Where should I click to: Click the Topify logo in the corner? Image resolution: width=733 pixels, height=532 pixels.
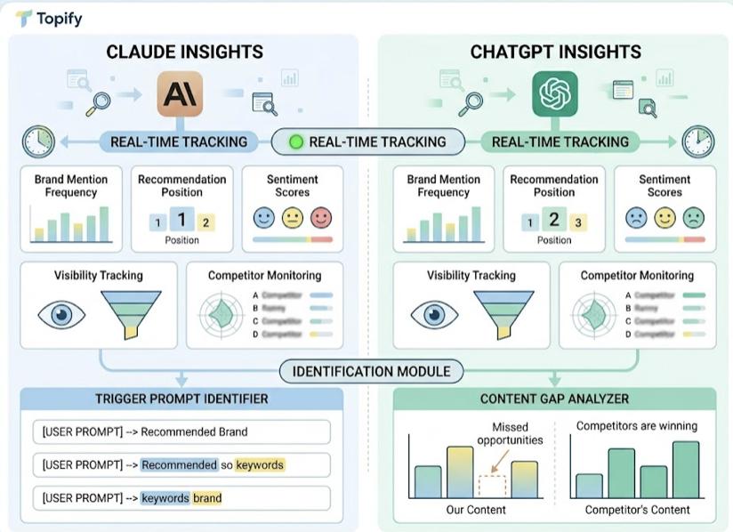pyautogui.click(x=23, y=19)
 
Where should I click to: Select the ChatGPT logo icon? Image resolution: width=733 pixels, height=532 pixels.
pyautogui.click(x=555, y=94)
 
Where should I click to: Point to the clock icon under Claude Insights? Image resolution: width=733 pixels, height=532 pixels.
pyautogui.click(x=38, y=141)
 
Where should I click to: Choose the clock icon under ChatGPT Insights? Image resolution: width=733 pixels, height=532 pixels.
pyautogui.click(x=697, y=141)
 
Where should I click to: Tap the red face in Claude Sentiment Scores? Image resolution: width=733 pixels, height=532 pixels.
pyautogui.click(x=320, y=217)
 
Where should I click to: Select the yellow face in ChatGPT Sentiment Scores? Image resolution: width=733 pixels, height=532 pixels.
pyautogui.click(x=664, y=217)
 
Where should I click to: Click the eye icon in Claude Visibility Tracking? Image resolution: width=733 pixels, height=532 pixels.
pyautogui.click(x=61, y=315)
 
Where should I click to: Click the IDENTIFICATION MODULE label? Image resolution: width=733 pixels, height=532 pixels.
pyautogui.click(x=371, y=371)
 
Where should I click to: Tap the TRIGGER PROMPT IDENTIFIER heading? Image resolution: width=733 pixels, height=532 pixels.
pyautogui.click(x=181, y=399)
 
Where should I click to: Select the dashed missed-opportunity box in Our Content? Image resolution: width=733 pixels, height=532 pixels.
pyautogui.click(x=491, y=485)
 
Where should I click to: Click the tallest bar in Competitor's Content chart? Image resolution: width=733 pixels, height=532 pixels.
pyautogui.click(x=685, y=469)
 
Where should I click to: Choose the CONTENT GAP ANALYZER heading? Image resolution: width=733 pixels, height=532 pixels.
pyautogui.click(x=554, y=399)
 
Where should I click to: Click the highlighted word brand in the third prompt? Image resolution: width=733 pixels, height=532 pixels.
pyautogui.click(x=207, y=498)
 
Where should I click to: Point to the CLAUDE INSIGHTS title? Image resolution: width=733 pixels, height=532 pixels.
pyautogui.click(x=184, y=52)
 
